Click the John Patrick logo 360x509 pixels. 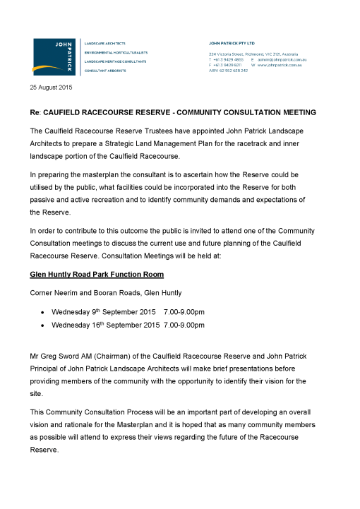click(56, 56)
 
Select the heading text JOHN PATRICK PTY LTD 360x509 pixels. click(232, 42)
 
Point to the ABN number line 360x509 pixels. click(228, 71)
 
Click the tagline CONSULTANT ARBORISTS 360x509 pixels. click(106, 71)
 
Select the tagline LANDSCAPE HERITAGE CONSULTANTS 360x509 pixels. click(116, 61)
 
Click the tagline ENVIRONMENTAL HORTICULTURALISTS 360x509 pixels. click(116, 52)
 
